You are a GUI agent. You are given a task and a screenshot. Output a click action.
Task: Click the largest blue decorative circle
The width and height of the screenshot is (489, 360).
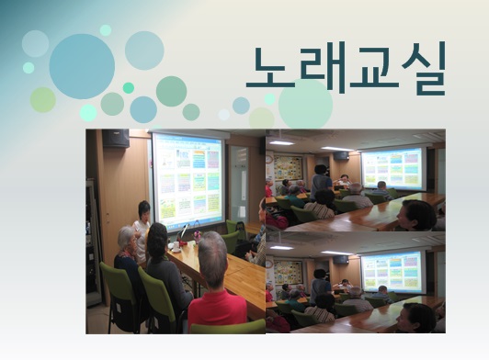point(82,66)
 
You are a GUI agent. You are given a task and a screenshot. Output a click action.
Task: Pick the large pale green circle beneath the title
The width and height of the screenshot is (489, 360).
point(305,104)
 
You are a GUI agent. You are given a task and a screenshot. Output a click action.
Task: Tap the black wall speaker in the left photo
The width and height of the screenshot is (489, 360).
point(116,139)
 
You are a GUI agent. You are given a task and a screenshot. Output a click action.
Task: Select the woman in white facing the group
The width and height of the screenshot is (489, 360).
point(142,225)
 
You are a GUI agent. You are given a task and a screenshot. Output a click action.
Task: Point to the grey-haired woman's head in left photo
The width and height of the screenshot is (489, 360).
point(127,240)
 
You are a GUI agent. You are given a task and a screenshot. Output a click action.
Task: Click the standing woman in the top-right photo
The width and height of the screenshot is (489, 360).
point(321,183)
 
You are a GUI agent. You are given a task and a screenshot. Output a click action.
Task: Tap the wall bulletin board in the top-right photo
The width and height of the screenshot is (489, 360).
point(287,168)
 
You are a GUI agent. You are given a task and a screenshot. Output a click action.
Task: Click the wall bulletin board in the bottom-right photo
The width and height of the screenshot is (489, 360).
point(287,272)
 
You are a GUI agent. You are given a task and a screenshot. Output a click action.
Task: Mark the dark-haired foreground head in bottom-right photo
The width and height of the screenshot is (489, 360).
point(418,317)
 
